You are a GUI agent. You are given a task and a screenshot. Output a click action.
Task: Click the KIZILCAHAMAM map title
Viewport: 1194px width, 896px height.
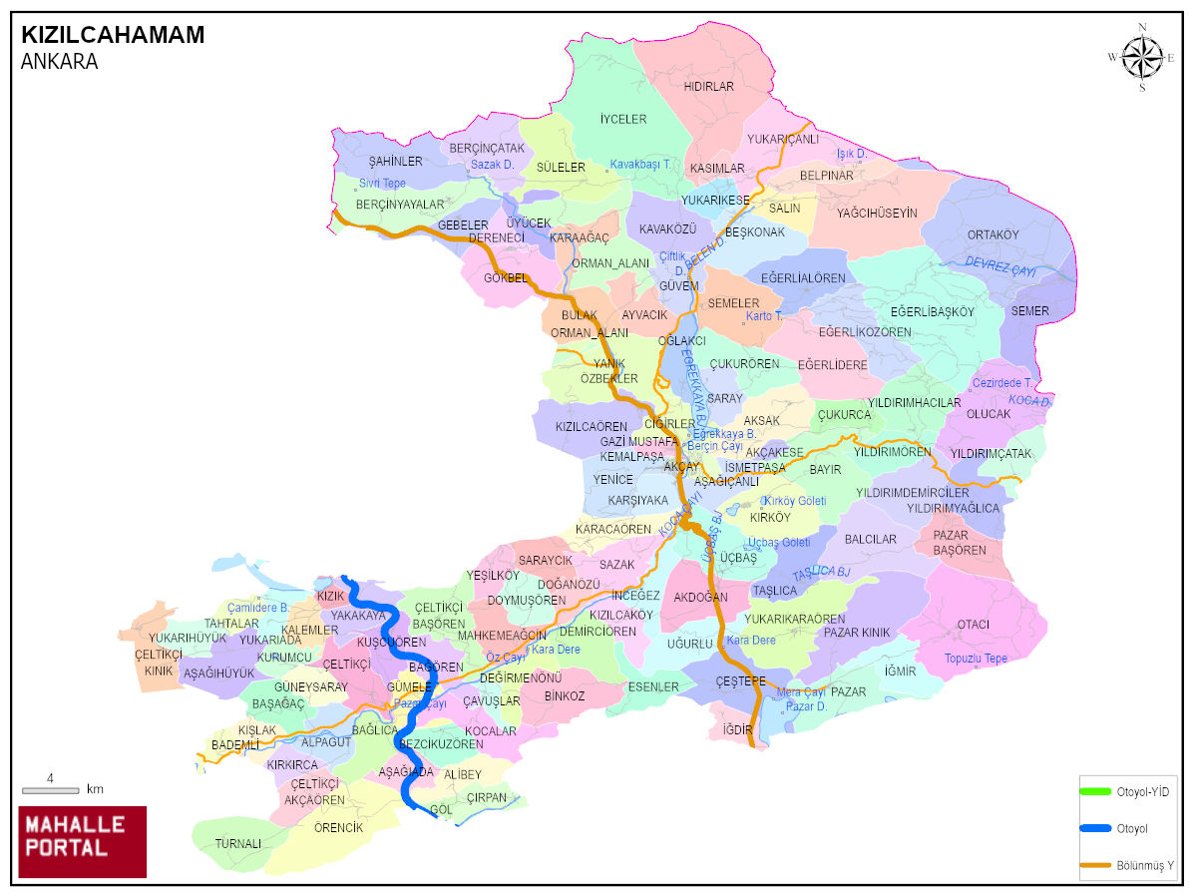click(113, 35)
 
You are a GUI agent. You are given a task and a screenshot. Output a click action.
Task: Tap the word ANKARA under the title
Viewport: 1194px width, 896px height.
click(59, 62)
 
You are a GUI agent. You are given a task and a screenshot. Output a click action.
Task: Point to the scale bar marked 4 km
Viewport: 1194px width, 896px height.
click(50, 789)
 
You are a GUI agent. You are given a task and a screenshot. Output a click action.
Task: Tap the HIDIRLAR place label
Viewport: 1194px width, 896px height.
click(708, 87)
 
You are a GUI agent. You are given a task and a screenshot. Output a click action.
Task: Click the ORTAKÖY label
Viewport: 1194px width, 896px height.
click(993, 235)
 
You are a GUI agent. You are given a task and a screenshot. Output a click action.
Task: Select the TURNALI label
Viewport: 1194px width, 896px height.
click(237, 843)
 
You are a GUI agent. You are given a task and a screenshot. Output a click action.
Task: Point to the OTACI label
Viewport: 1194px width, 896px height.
click(973, 625)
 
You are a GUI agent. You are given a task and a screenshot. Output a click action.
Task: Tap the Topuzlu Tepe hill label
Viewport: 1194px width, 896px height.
click(977, 659)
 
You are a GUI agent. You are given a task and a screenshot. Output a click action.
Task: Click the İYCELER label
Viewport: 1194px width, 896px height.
click(623, 119)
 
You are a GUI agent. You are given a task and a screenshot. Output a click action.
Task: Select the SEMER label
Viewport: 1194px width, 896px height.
click(1029, 311)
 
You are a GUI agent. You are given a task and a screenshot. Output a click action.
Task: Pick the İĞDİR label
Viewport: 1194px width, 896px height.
click(737, 729)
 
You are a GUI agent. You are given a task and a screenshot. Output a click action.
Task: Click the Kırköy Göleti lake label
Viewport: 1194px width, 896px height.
click(794, 500)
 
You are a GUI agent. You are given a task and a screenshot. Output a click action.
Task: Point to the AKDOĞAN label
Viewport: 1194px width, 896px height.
click(700, 598)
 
